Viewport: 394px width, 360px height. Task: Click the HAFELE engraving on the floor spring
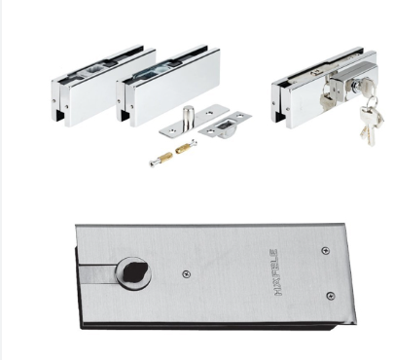[x=276, y=272]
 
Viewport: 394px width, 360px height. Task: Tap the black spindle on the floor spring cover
[x=135, y=271]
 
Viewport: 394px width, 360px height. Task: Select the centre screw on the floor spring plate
[x=186, y=274]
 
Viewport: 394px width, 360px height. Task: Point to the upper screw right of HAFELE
[x=325, y=250]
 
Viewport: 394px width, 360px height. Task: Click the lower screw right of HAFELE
[x=330, y=296]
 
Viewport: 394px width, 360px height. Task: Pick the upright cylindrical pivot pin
[x=187, y=119]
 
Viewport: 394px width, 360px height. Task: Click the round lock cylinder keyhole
[x=356, y=86]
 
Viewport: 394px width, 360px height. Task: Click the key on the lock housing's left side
[x=327, y=95]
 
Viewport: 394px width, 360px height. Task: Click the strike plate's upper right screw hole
[x=240, y=116]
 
